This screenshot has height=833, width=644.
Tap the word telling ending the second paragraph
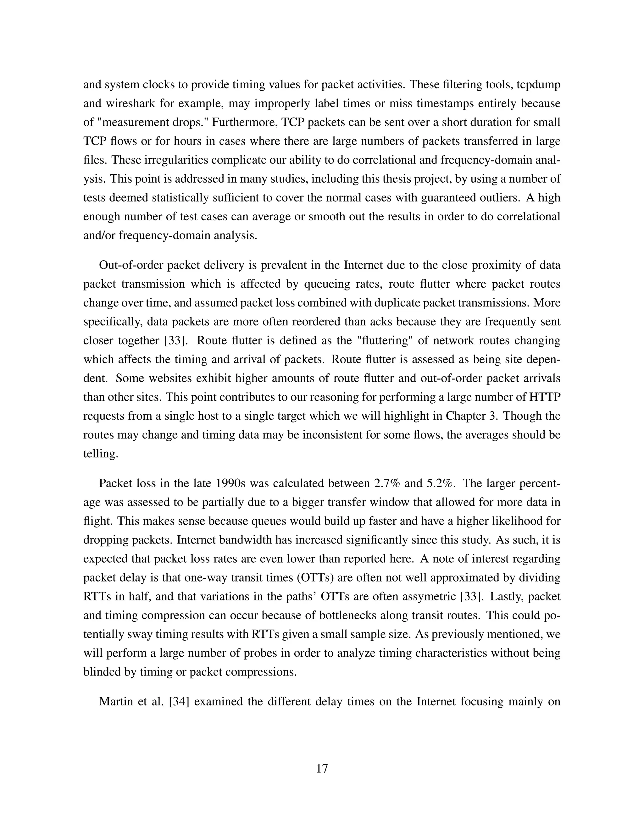100,454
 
